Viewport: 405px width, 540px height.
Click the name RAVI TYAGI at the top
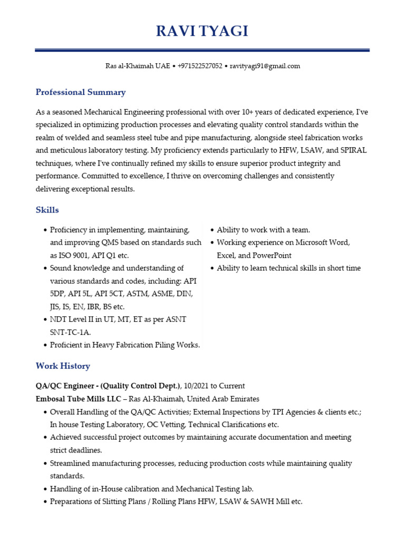click(202, 32)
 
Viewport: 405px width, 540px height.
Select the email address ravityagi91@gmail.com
click(265, 66)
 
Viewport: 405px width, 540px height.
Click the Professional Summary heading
click(81, 92)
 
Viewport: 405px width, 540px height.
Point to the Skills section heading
click(47, 210)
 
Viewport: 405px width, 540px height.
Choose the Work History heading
click(63, 365)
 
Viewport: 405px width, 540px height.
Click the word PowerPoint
click(272, 255)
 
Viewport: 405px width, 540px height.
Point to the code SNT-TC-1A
click(71, 332)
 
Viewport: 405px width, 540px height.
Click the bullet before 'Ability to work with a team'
click(212, 230)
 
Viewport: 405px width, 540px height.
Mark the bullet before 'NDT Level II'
click(45, 319)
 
